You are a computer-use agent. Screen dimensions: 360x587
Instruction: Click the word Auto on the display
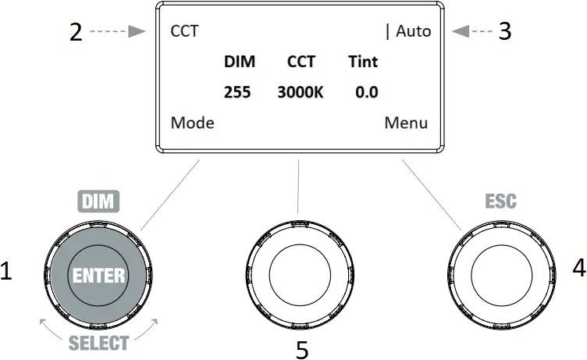(413, 32)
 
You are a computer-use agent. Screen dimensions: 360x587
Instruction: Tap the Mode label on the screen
(192, 123)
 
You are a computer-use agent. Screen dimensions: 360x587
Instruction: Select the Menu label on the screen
(406, 123)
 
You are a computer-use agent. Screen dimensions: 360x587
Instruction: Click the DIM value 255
(237, 92)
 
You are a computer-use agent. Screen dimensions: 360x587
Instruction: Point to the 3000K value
(300, 92)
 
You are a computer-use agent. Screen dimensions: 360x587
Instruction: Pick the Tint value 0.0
(366, 92)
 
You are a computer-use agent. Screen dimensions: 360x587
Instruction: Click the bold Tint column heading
(363, 62)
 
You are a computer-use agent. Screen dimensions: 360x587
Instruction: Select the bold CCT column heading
(301, 62)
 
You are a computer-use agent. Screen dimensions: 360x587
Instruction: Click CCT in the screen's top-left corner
(184, 32)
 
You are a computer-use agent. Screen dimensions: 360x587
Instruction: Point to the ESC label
(500, 202)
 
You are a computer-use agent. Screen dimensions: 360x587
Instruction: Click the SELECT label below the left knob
(98, 342)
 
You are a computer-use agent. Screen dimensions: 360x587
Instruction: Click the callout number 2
(76, 32)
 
